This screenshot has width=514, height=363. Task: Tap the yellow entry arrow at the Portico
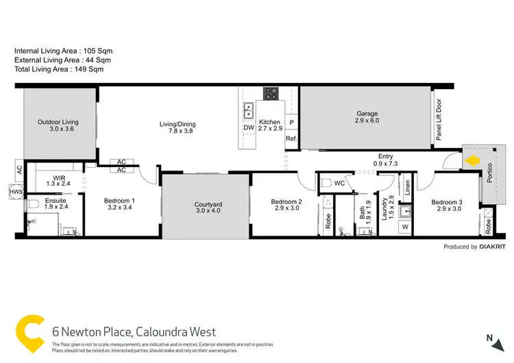click(x=472, y=161)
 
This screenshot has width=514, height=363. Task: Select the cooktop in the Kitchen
click(x=271, y=95)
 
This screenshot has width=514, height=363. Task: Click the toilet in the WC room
click(x=328, y=182)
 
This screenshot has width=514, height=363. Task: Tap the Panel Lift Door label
click(x=439, y=120)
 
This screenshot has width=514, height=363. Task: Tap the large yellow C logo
click(x=29, y=331)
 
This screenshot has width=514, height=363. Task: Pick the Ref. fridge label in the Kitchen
click(x=291, y=139)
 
